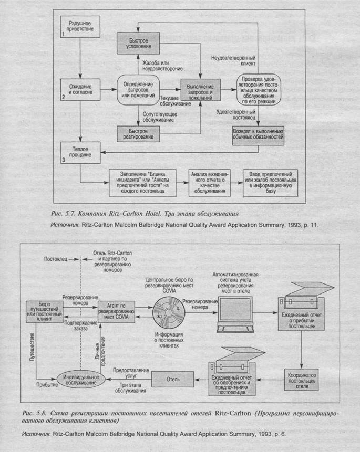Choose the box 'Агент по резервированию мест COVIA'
tap(117, 311)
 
